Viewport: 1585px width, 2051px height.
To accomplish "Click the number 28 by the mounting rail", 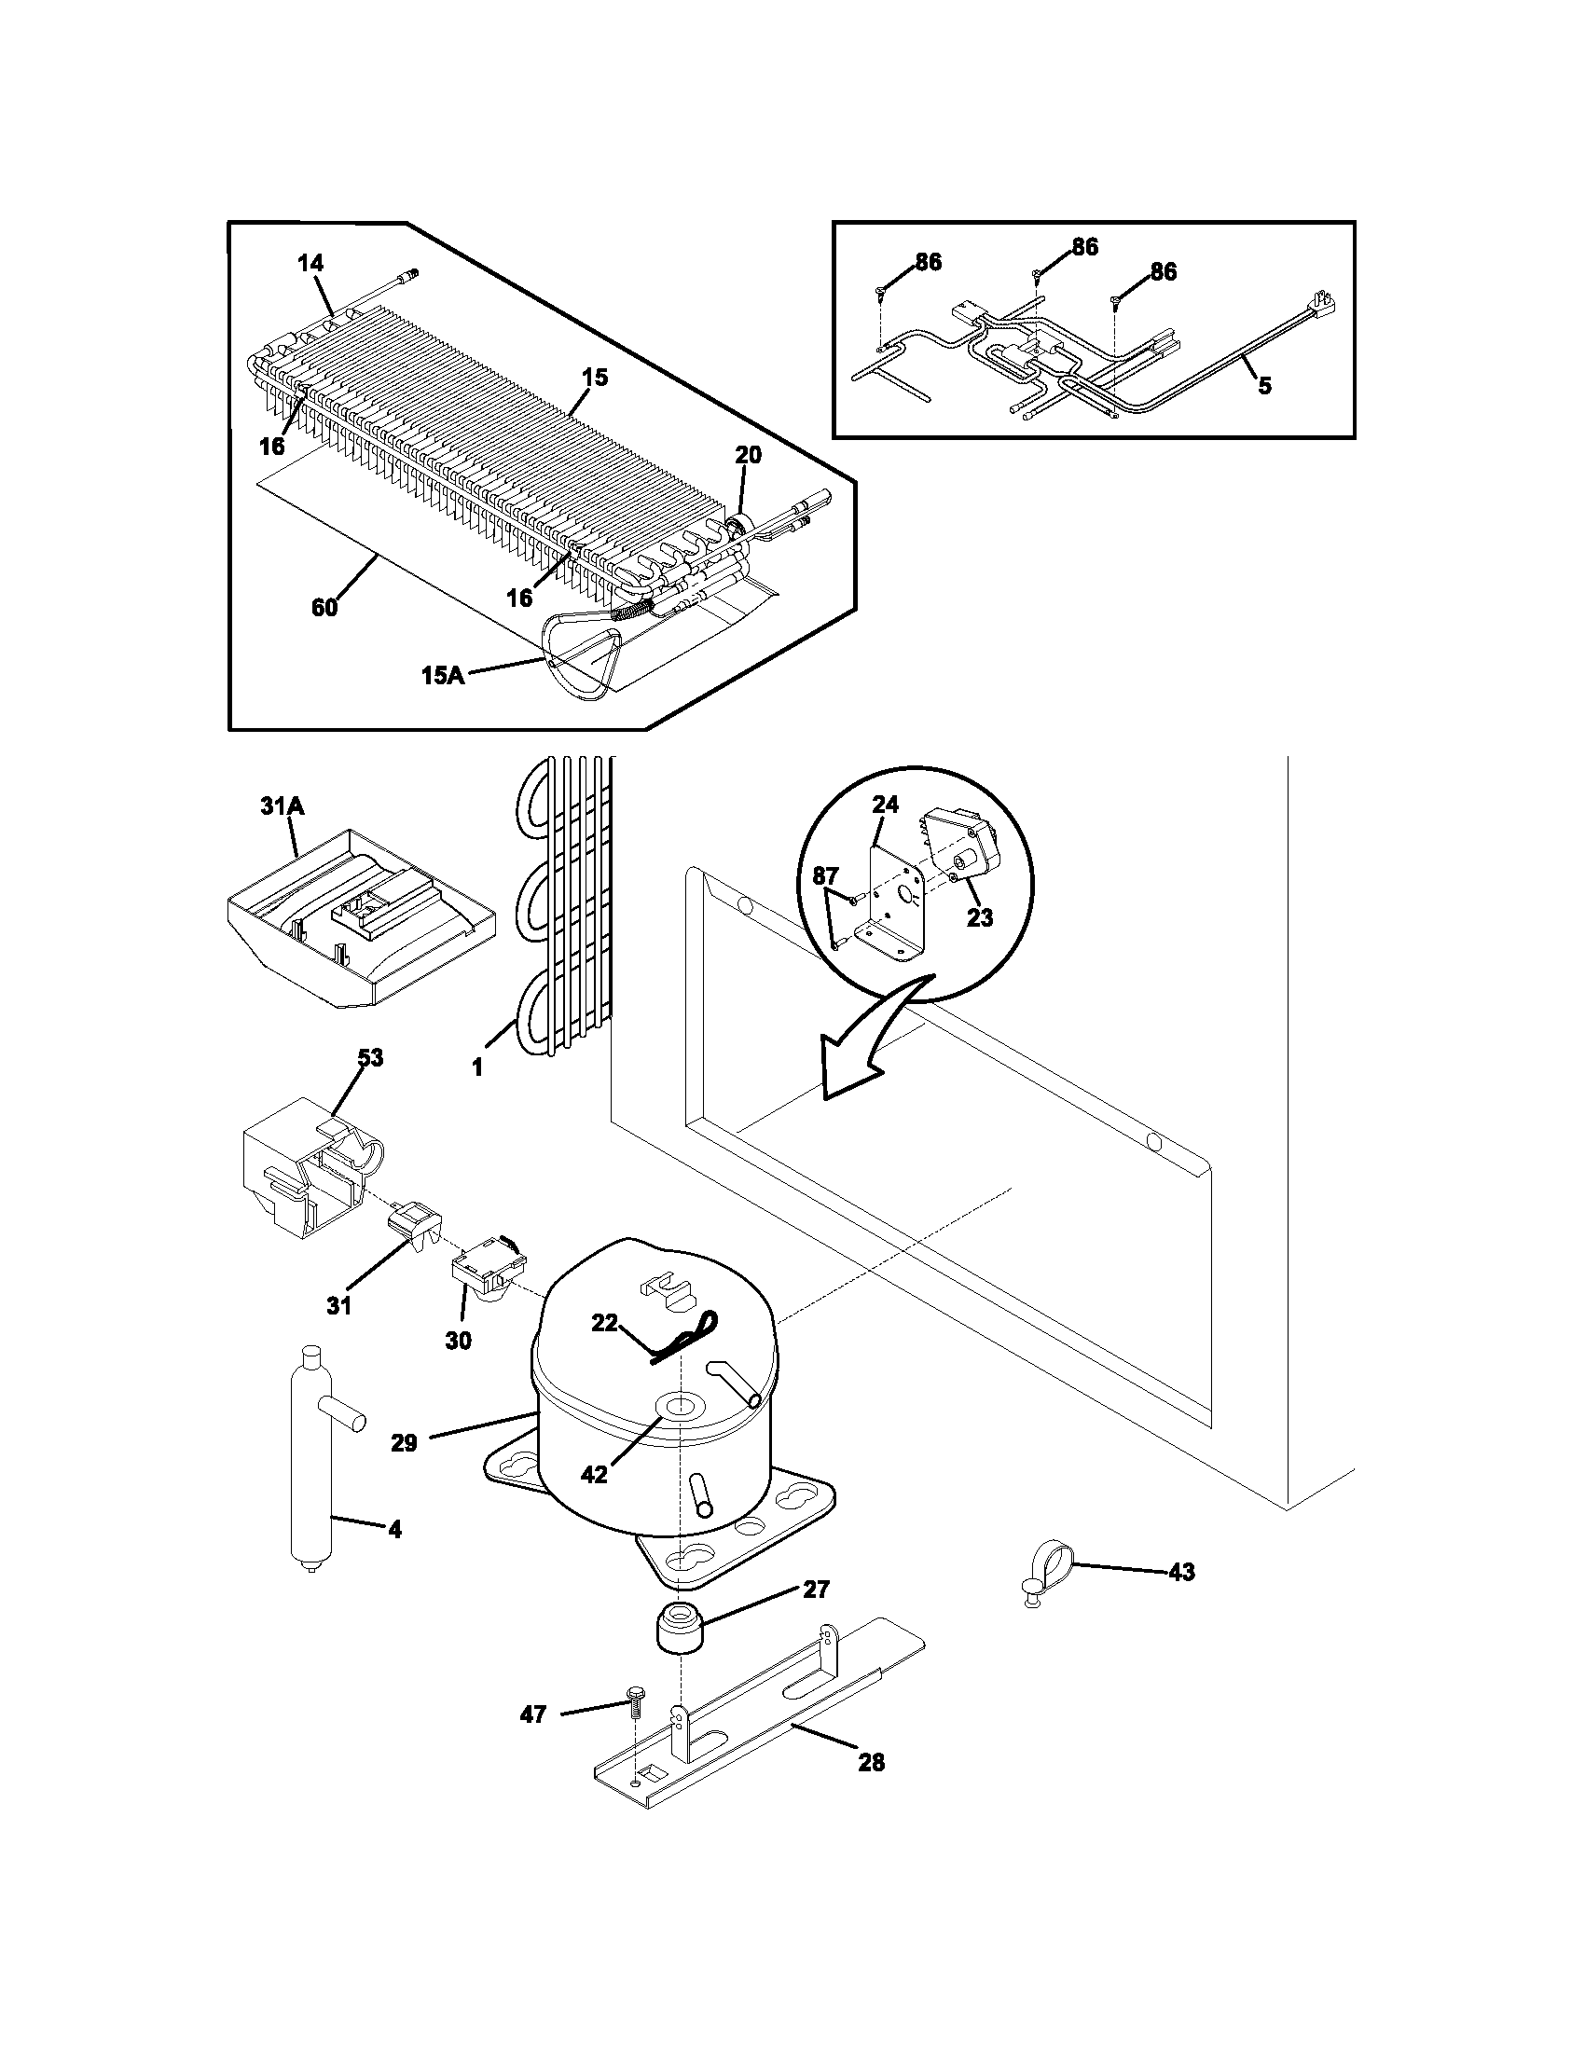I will coord(872,1763).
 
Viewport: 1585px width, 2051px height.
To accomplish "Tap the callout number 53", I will coord(370,1057).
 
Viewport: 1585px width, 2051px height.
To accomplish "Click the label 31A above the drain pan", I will coord(278,805).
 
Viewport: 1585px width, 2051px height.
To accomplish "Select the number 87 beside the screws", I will coord(825,876).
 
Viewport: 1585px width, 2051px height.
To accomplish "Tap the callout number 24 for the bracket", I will coord(885,805).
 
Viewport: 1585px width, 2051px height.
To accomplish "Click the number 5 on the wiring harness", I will coord(1265,386).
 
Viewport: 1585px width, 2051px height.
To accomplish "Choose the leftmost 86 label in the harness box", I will coord(928,263).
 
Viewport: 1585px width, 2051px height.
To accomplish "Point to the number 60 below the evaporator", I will coord(324,608).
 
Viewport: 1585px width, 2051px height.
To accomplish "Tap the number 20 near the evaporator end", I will coord(748,456).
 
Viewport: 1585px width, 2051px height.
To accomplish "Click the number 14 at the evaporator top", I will coord(310,264).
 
